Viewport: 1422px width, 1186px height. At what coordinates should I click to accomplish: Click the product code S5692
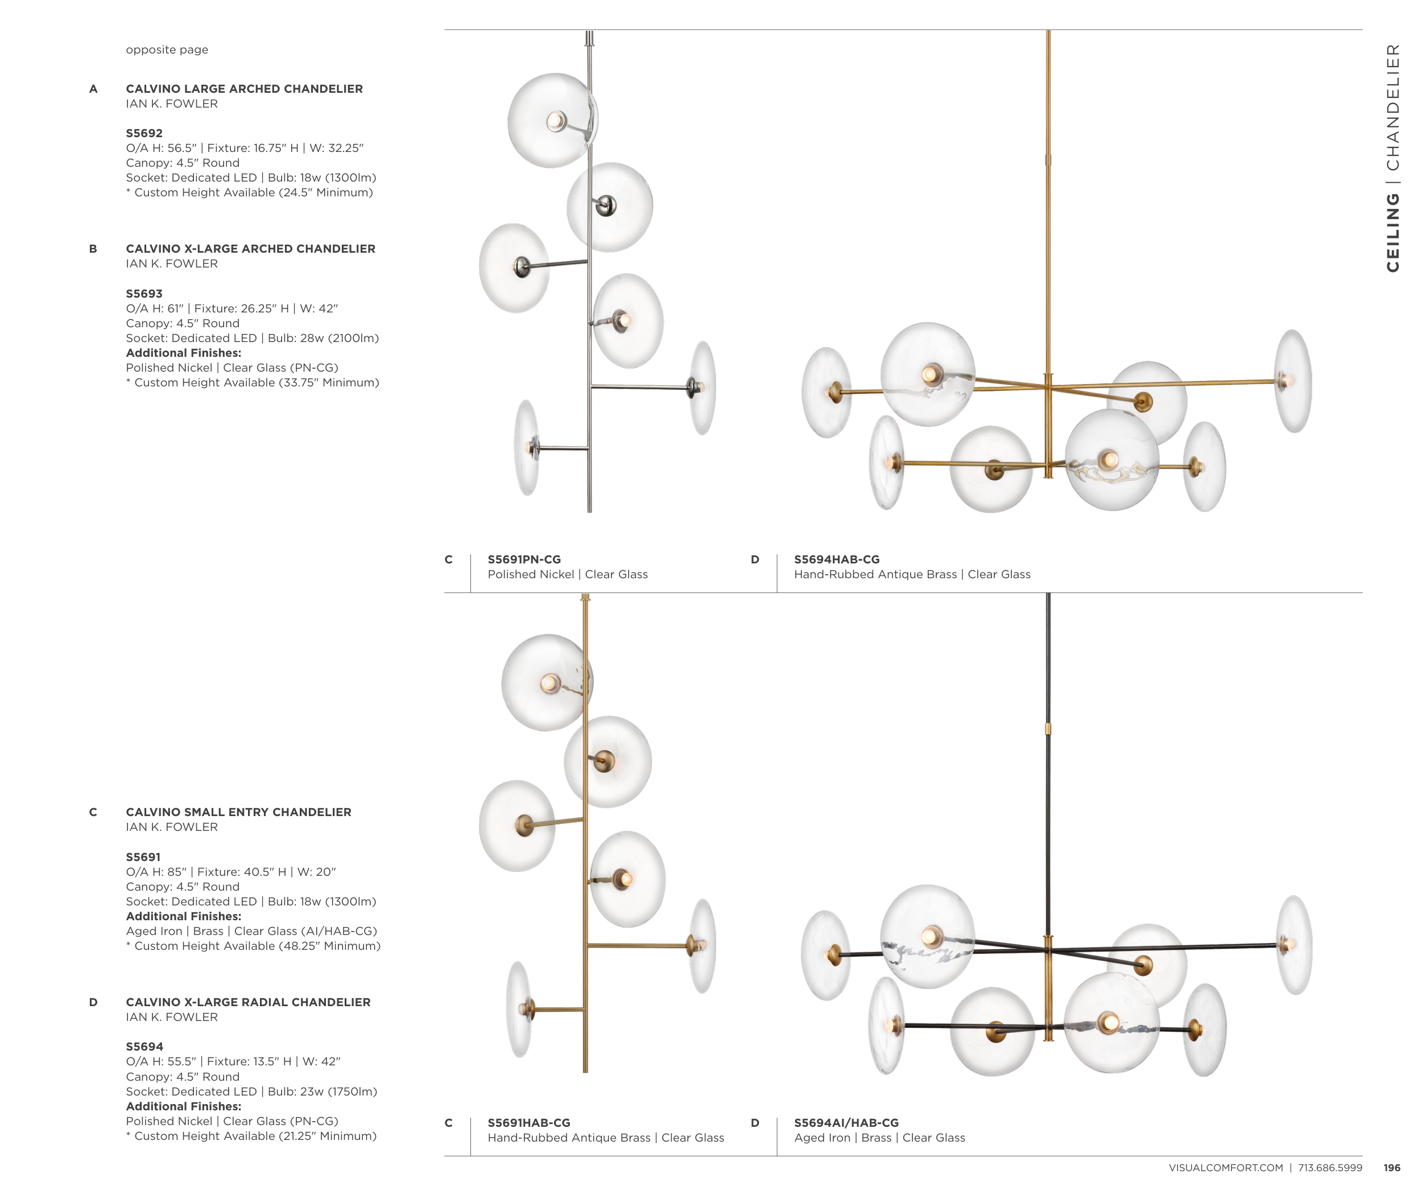click(x=144, y=133)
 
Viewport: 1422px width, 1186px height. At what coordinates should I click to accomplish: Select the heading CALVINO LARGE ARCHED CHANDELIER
click(x=245, y=89)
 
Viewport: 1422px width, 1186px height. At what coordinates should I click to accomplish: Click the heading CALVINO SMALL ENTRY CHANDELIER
click(x=238, y=812)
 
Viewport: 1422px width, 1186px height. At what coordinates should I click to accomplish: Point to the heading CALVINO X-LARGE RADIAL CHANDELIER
click(x=249, y=1002)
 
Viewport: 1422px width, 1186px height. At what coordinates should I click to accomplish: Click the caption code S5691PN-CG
click(x=524, y=559)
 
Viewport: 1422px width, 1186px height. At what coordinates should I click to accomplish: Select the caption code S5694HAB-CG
click(x=837, y=559)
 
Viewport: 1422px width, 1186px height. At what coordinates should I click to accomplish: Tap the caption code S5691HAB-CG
click(x=529, y=1123)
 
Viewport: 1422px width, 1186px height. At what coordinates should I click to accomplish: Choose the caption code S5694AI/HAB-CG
click(x=846, y=1123)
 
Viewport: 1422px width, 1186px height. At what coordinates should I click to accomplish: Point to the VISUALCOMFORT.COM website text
click(x=1226, y=1168)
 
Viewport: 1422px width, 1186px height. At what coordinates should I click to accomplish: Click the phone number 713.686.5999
click(x=1330, y=1168)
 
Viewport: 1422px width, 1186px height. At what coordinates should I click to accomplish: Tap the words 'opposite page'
click(x=167, y=50)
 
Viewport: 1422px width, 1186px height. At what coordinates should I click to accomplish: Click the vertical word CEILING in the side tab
click(x=1392, y=232)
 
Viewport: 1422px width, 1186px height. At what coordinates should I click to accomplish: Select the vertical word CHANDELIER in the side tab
click(x=1392, y=108)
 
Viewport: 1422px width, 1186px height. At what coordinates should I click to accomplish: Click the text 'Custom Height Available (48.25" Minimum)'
click(x=257, y=946)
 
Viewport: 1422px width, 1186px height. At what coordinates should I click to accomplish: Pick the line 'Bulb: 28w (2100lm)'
click(x=323, y=338)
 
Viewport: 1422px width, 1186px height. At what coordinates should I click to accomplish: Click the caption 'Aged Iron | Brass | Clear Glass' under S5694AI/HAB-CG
click(x=879, y=1138)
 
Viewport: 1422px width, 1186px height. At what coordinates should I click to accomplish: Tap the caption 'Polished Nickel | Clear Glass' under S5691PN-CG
click(x=568, y=574)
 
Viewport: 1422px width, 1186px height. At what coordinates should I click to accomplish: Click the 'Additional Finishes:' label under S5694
click(x=184, y=1107)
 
